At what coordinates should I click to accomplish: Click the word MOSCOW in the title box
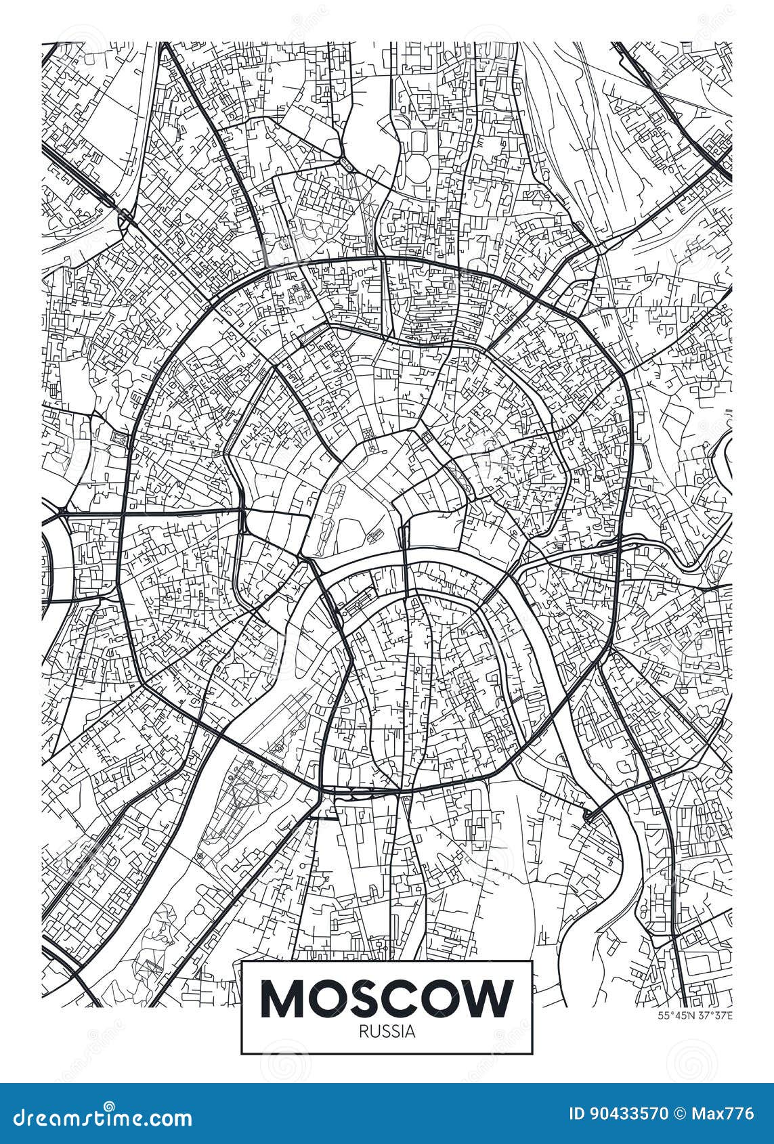coord(387,998)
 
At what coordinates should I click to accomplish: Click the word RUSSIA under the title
coord(387,1032)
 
